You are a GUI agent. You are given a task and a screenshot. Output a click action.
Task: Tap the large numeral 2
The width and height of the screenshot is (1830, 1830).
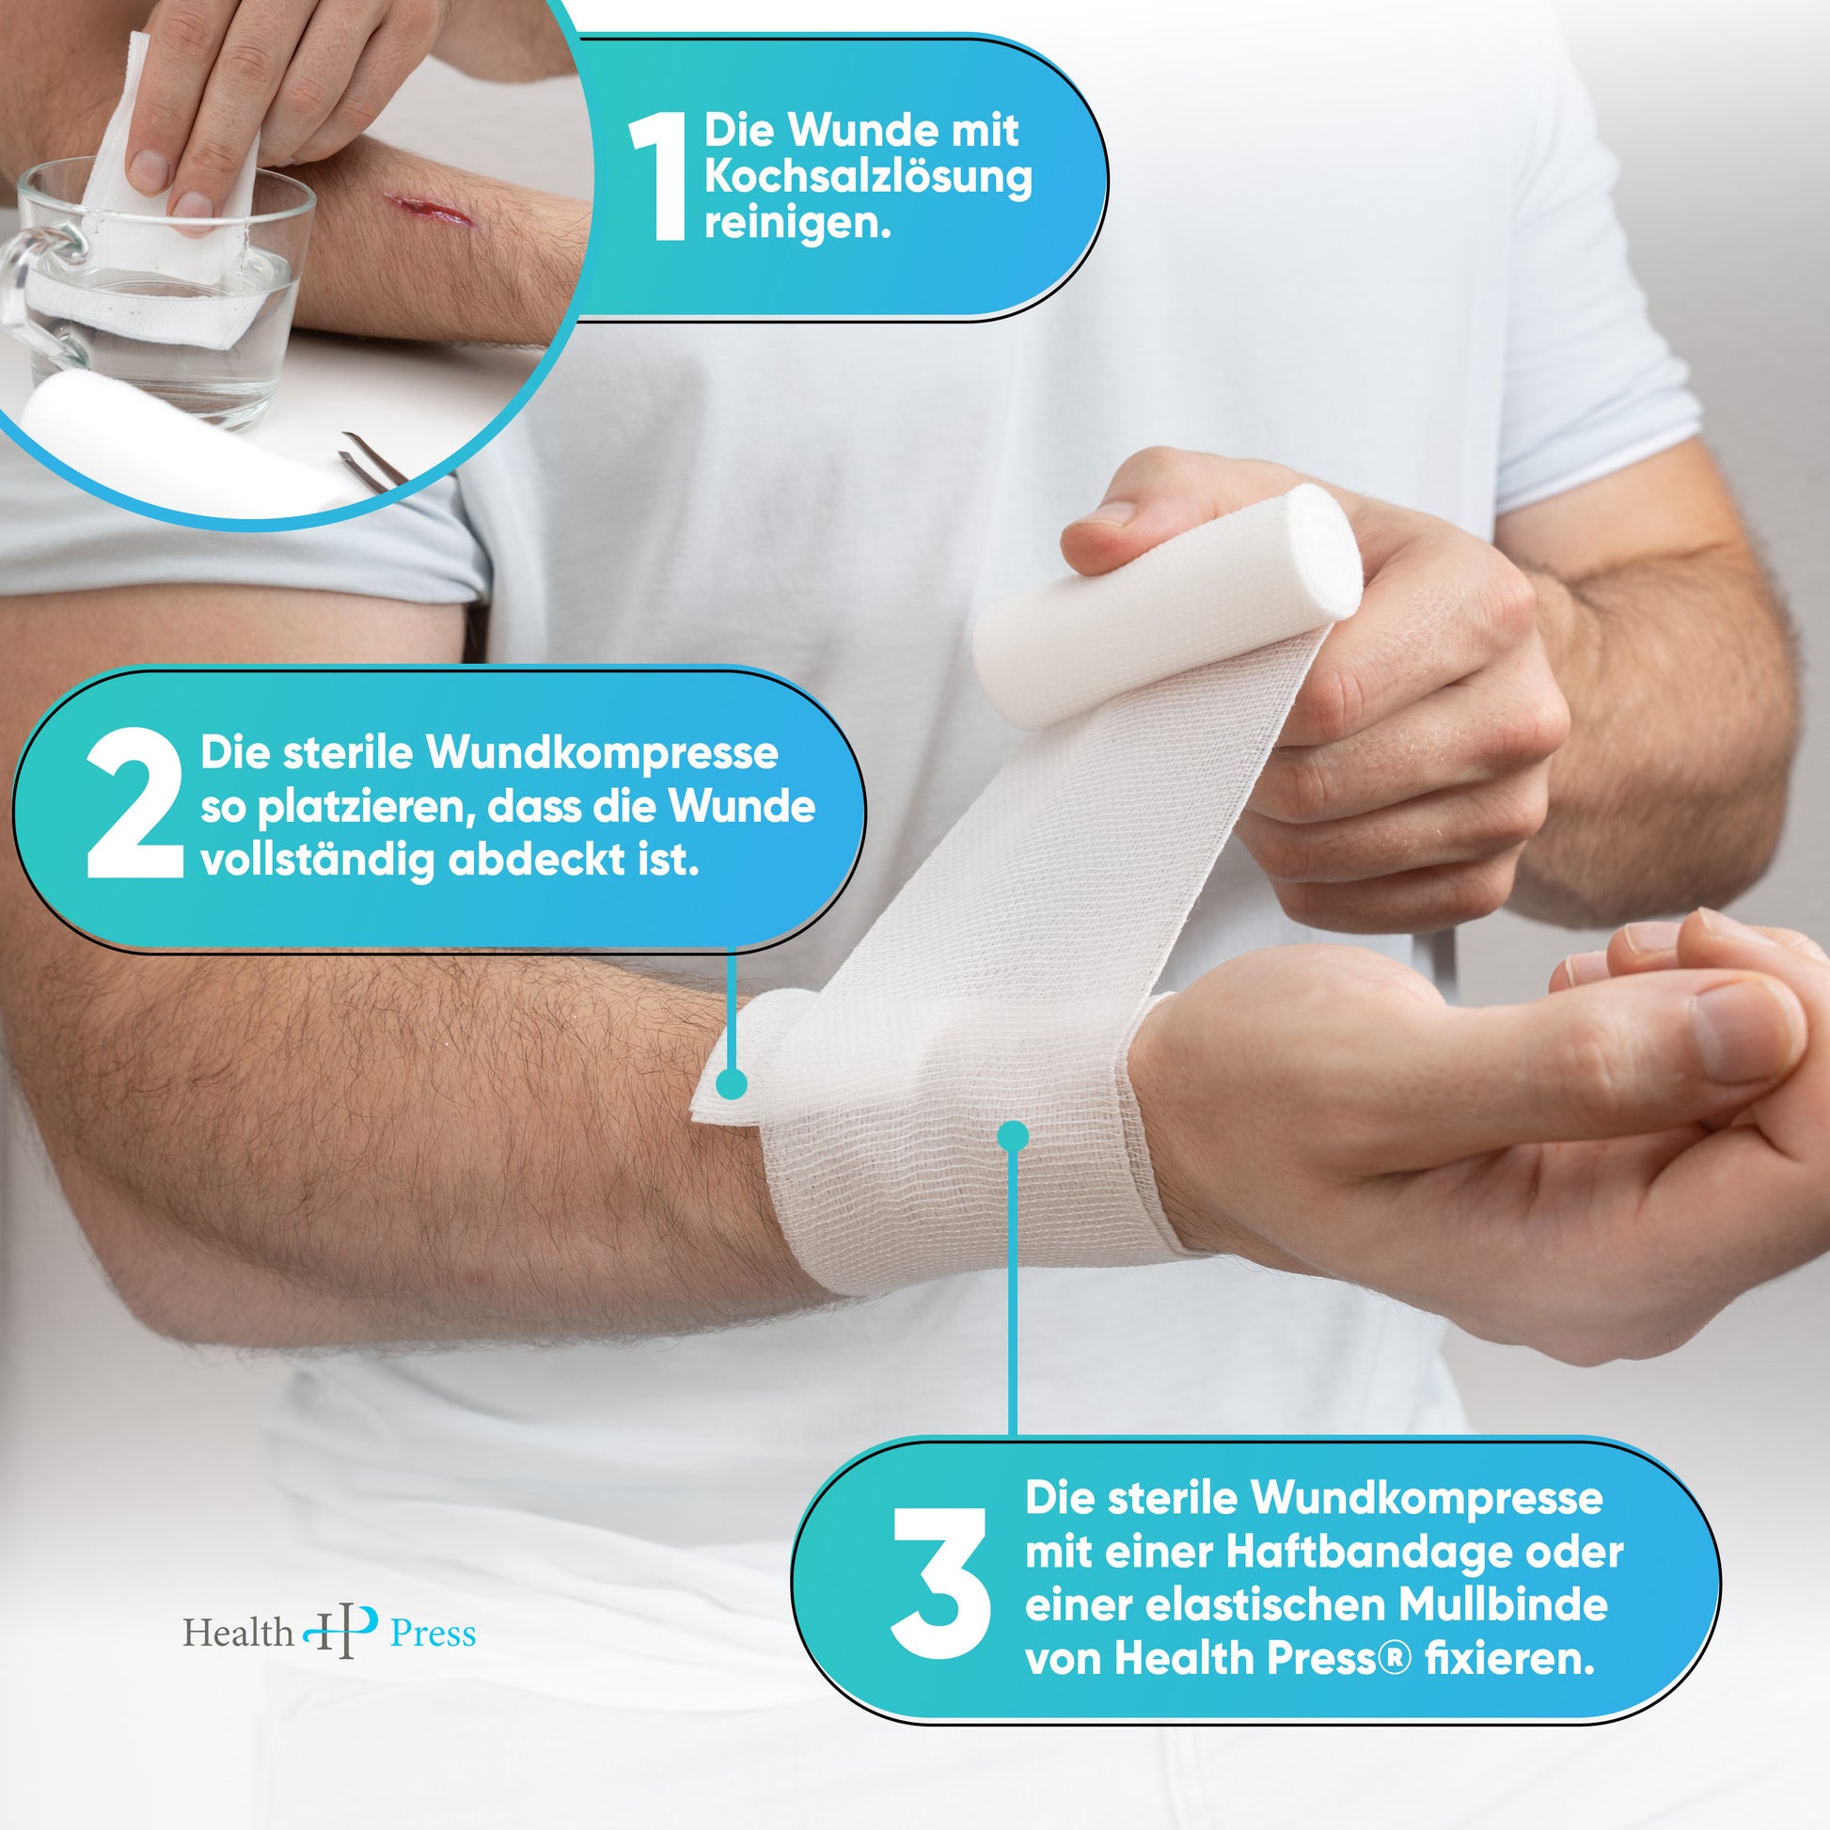[x=134, y=804]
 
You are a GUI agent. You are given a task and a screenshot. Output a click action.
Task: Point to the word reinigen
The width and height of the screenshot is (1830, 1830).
[x=797, y=225]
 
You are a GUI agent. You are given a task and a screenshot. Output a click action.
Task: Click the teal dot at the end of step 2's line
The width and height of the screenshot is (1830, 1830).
[x=731, y=1083]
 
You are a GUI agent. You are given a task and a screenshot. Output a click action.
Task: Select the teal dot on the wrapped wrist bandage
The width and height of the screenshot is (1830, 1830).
[x=1013, y=1136]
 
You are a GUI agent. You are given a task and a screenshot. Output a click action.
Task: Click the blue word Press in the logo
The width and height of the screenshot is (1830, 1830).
[x=433, y=1634]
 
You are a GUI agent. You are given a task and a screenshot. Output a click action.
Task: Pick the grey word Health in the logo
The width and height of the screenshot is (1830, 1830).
[x=238, y=1632]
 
